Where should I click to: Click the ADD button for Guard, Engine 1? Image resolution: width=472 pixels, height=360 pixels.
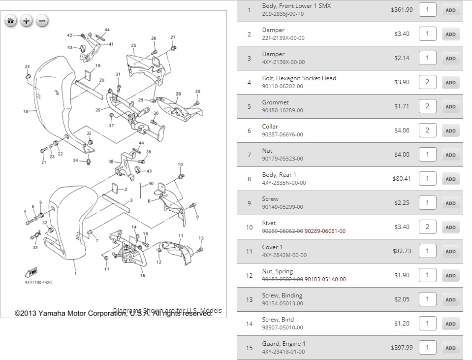(x=450, y=348)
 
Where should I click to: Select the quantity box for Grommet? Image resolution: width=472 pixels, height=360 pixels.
(x=427, y=106)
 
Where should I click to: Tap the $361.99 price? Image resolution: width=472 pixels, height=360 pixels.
(x=402, y=9)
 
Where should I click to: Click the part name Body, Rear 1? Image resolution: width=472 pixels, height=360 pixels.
(x=279, y=175)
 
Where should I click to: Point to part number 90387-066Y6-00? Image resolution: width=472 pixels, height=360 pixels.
(x=283, y=134)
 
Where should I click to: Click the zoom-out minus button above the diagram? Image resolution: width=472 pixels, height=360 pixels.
(x=42, y=21)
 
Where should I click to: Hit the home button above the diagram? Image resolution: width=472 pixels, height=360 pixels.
(x=11, y=21)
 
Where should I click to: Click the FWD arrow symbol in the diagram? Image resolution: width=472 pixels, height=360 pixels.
(x=31, y=271)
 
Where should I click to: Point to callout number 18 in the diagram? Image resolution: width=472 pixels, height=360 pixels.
(x=26, y=112)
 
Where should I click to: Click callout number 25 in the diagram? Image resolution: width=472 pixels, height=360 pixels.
(x=133, y=45)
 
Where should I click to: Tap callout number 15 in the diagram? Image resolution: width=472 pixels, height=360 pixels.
(x=143, y=275)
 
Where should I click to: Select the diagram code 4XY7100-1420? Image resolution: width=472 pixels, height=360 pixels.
(x=38, y=283)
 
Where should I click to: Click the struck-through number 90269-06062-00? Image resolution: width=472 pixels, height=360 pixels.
(x=283, y=231)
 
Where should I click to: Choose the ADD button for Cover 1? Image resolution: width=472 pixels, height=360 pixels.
(x=450, y=251)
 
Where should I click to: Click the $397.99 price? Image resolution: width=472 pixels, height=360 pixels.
(x=402, y=347)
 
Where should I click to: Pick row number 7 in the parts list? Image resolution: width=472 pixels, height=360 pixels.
(x=249, y=155)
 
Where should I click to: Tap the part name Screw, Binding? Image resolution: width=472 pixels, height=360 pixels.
(x=282, y=295)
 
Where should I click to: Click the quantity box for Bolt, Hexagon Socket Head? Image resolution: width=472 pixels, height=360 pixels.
(x=427, y=82)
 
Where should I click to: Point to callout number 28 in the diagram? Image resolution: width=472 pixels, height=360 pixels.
(x=178, y=94)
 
